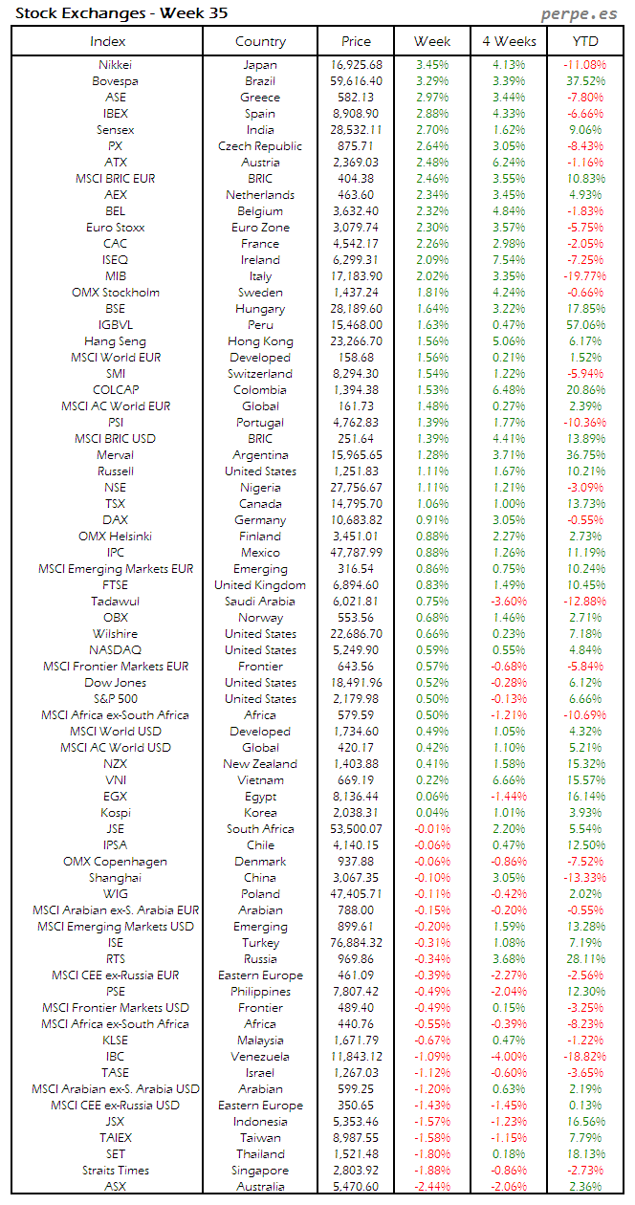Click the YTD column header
click(585, 41)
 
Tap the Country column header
click(260, 41)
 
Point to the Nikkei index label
click(116, 65)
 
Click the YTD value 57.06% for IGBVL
click(585, 325)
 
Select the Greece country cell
click(260, 98)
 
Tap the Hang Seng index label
click(116, 341)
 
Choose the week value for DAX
click(432, 520)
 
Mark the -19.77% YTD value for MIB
click(584, 276)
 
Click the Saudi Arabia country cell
click(260, 602)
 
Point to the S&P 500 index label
click(116, 699)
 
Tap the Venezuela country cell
click(260, 1057)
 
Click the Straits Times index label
click(116, 1171)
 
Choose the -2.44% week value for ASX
click(432, 1187)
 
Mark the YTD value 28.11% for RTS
click(585, 959)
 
